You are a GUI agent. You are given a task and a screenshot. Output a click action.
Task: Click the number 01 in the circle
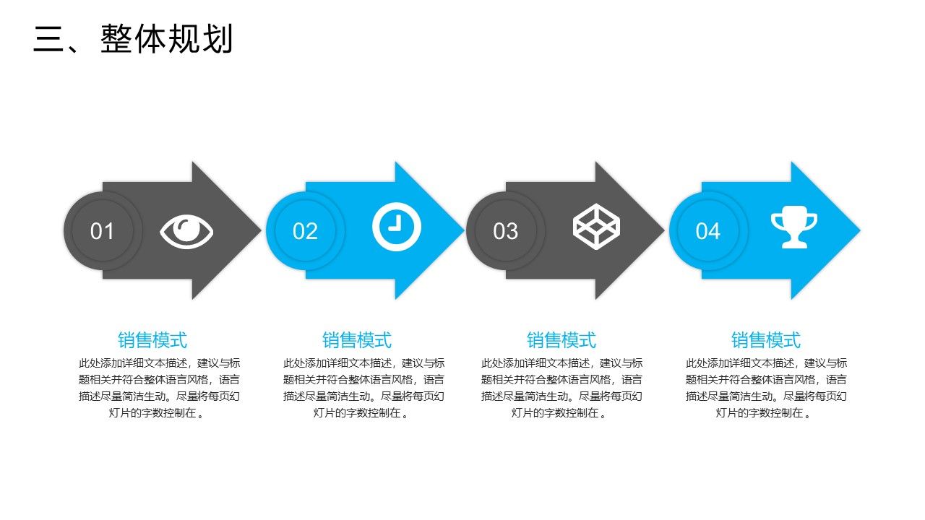tap(103, 231)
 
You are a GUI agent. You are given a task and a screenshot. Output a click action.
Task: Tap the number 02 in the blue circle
tap(305, 231)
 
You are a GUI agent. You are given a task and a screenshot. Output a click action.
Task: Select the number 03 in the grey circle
tap(506, 231)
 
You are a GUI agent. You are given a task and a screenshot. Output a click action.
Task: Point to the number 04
tap(708, 231)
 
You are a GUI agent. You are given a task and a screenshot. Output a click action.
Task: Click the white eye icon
tap(186, 231)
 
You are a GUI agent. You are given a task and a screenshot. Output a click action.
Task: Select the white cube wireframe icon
tap(596, 227)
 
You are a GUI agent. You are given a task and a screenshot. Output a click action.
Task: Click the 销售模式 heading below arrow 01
tap(152, 339)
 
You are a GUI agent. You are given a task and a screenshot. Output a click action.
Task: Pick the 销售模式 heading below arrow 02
tap(357, 339)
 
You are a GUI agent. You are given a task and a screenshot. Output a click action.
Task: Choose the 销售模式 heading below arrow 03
tap(562, 339)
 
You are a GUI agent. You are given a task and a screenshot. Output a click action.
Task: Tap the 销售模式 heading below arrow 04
tap(766, 339)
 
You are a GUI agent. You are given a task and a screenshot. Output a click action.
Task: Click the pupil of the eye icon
tap(188, 230)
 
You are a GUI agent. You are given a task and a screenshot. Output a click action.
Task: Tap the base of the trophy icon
tap(793, 244)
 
